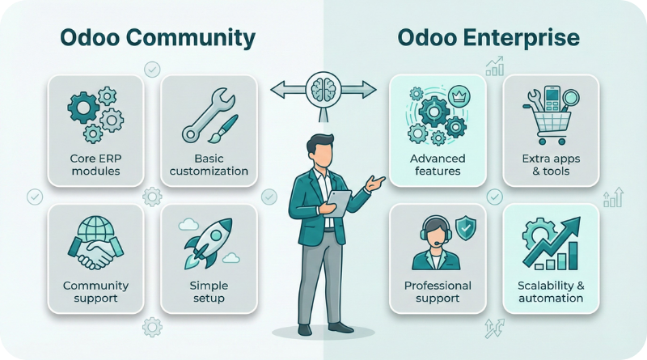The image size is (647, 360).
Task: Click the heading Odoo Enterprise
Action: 488,37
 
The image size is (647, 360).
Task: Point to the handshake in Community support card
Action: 95,253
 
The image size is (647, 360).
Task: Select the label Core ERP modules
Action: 95,164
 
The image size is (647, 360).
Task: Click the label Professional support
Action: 437,292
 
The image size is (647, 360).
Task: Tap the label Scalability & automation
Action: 550,292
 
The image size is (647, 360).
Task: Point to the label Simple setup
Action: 209,292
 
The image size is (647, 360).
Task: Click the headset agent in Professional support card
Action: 435,243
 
